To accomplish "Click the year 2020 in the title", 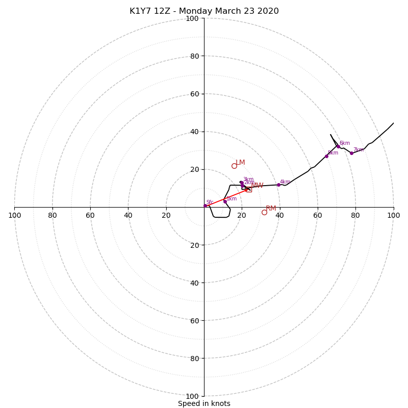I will click(x=268, y=11).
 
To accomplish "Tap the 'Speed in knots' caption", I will click(x=204, y=403).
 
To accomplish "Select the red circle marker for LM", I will click(x=234, y=166).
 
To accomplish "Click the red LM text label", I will click(x=240, y=163).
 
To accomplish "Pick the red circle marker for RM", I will click(x=264, y=212).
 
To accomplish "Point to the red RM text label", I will click(x=271, y=209).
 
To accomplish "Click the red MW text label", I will click(x=258, y=186).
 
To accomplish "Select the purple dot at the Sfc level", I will click(x=205, y=206).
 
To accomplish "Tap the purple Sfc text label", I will click(x=210, y=202).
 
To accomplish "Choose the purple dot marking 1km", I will click(x=225, y=201).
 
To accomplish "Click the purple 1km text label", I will click(x=232, y=199).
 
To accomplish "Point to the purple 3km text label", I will click(x=248, y=180).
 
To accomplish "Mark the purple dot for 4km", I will click(x=278, y=185).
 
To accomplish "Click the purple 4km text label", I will click(x=285, y=182).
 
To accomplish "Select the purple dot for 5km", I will click(x=326, y=156).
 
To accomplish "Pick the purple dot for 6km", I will click(x=338, y=146).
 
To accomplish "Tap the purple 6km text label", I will click(x=345, y=143).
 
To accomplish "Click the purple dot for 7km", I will click(x=351, y=153).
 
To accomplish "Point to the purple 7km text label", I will click(x=359, y=150).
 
